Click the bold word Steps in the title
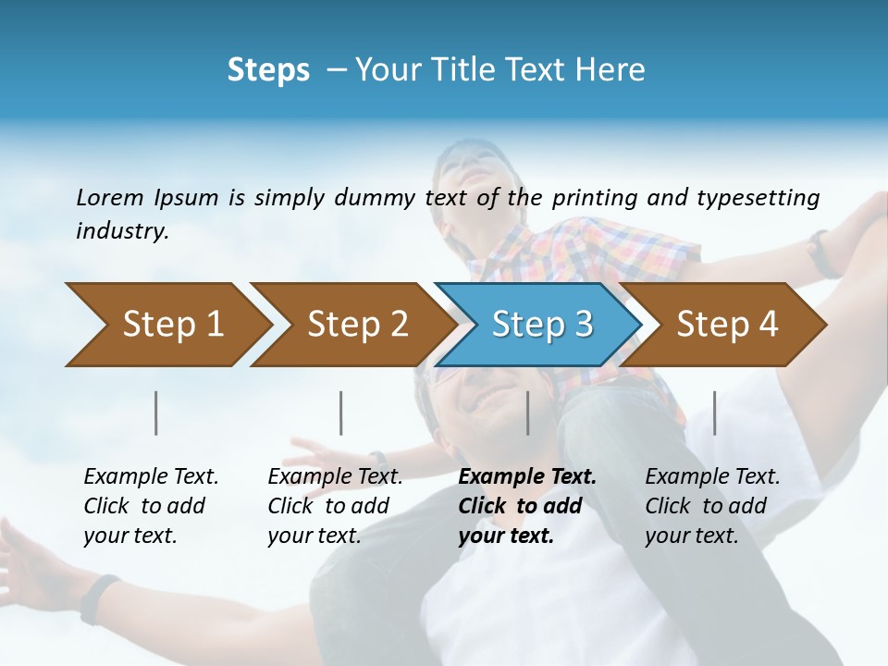[x=268, y=70]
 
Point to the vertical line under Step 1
[x=156, y=413]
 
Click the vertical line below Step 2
[x=341, y=413]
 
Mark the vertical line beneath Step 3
[x=528, y=413]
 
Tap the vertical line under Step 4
[x=715, y=413]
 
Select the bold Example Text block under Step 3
[x=527, y=506]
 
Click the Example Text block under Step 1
[x=151, y=506]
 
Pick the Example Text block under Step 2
[x=335, y=506]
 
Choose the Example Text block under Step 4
[x=712, y=506]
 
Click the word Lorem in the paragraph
[x=110, y=197]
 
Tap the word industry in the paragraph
[x=122, y=231]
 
